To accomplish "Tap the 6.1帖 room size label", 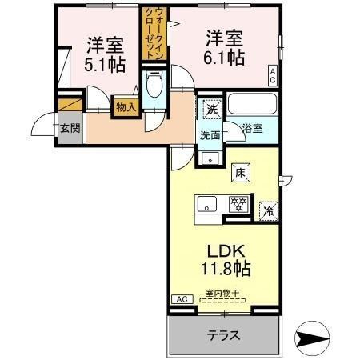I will click(x=223, y=58).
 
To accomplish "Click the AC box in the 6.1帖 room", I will click(x=273, y=77).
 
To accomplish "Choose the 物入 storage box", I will click(x=126, y=106).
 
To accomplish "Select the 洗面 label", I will click(x=210, y=135).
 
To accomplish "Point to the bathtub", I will click(x=252, y=105).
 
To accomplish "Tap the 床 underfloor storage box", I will click(x=239, y=170).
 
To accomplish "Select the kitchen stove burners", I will click(x=238, y=204).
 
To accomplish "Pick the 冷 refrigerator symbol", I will click(x=270, y=210).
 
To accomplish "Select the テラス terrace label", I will click(x=225, y=334).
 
